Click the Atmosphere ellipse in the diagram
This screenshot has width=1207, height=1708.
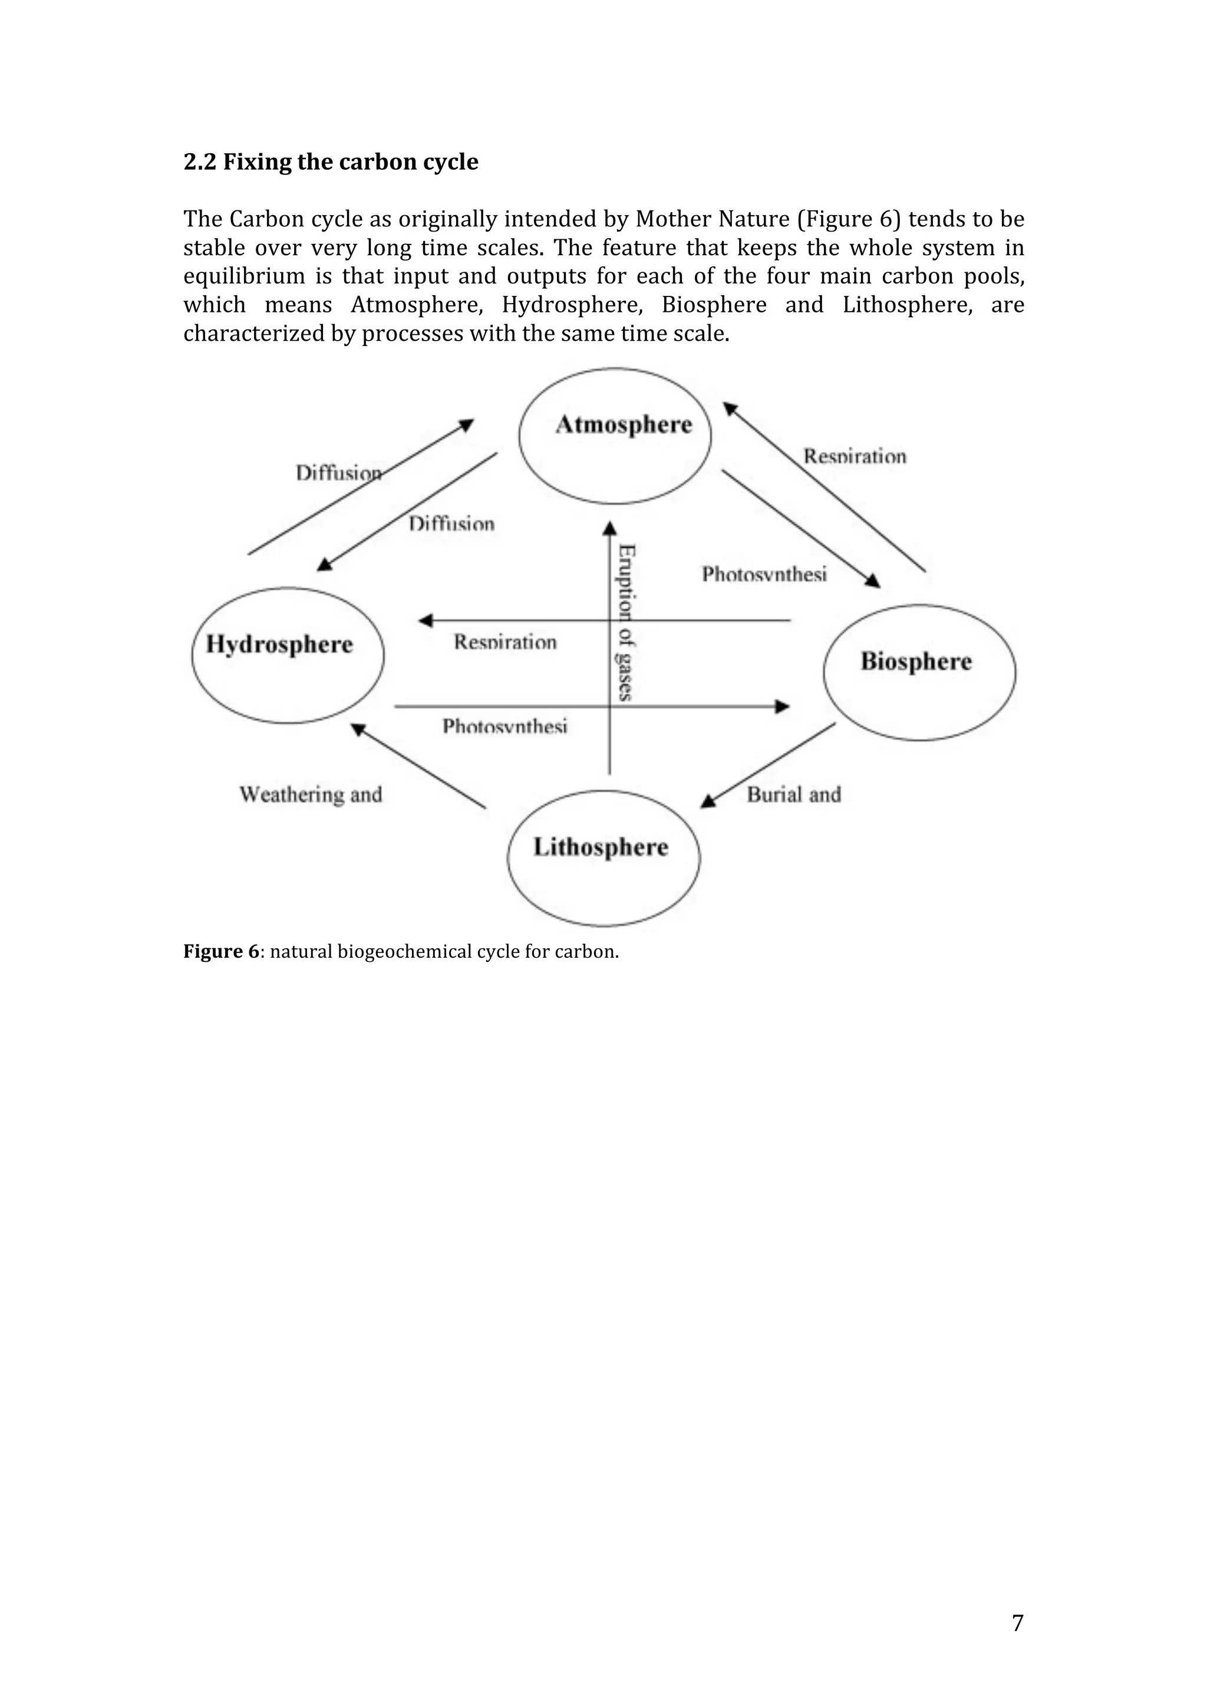coord(615,436)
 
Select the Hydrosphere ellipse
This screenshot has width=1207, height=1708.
coord(288,655)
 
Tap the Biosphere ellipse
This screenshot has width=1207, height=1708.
coord(919,672)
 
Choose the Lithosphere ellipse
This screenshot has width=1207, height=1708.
coord(603,858)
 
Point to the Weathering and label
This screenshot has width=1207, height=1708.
coord(311,794)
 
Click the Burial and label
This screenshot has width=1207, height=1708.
coord(793,794)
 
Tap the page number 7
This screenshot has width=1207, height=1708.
coord(1017,1623)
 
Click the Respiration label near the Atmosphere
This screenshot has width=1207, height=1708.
coord(855,456)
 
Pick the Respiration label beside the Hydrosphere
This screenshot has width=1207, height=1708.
coord(505,642)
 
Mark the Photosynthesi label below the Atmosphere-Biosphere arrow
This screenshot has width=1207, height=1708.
coord(764,574)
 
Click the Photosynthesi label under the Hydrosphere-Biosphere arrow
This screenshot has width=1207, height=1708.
coord(504,726)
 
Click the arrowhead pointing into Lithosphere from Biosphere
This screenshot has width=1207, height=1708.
coord(709,801)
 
